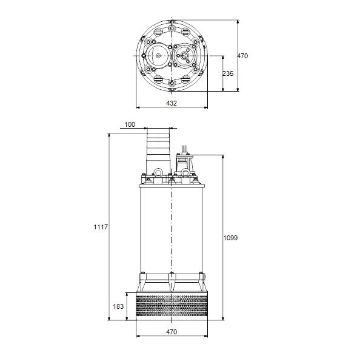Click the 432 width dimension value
172,103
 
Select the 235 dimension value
228,73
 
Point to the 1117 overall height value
101,227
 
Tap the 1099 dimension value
230,238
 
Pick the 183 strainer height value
118,306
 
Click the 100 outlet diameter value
130,124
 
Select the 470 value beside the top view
242,56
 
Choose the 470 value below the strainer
172,332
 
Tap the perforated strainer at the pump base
172,306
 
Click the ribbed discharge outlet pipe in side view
158,153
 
